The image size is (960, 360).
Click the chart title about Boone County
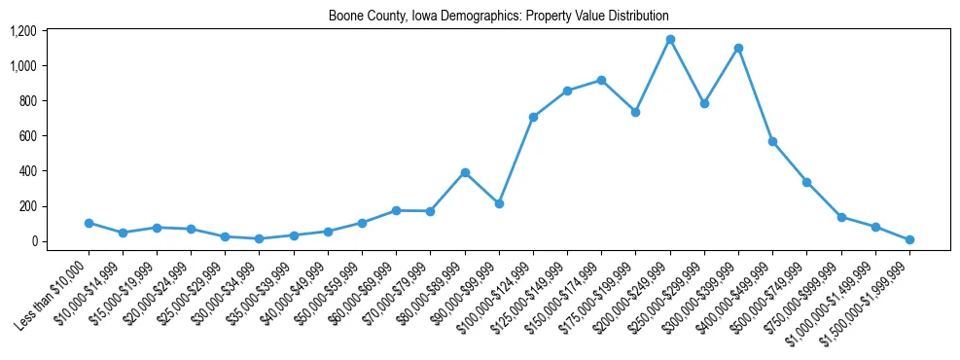tap(498, 17)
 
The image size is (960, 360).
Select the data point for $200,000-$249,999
tap(670, 39)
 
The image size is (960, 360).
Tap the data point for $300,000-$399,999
tap(738, 48)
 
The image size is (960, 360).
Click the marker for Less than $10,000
tap(89, 223)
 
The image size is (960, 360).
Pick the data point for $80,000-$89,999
tap(465, 172)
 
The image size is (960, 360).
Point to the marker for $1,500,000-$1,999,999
tap(909, 239)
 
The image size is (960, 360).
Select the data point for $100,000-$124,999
tap(533, 117)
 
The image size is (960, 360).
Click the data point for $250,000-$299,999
tap(704, 103)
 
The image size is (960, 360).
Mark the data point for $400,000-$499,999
tap(772, 141)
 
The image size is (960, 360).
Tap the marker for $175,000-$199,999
tap(635, 112)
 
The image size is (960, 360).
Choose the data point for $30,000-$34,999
tap(259, 238)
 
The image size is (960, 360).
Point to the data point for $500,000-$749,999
tap(806, 182)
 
